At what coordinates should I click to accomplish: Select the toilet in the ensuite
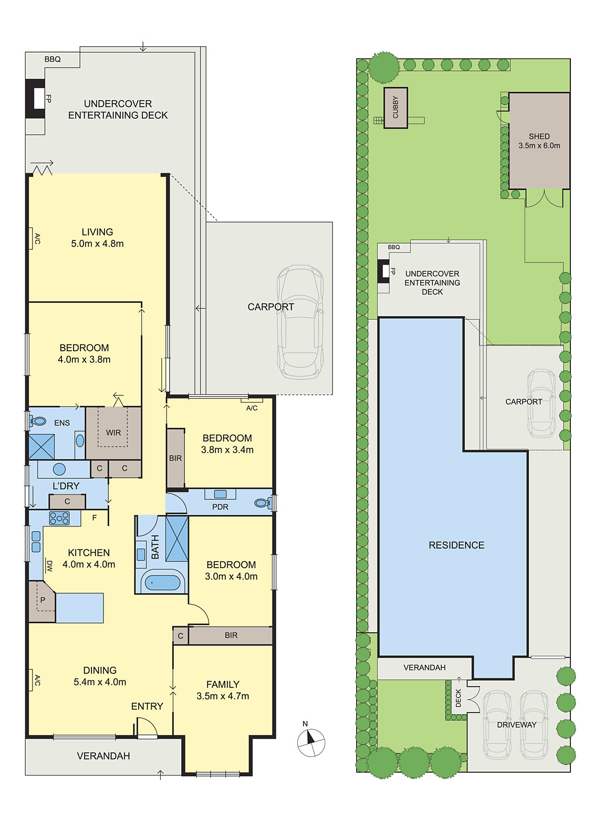(37, 422)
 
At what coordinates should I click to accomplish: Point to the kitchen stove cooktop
(59, 518)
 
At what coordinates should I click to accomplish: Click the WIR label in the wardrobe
(113, 433)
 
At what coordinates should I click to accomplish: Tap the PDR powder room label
(220, 507)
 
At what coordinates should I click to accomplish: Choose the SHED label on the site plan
(539, 136)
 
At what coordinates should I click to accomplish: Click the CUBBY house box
(395, 108)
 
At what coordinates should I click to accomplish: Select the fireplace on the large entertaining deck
(36, 99)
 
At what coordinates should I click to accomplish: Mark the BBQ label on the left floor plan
(53, 59)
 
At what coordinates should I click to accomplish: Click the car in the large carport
(300, 322)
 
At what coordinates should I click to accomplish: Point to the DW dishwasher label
(49, 565)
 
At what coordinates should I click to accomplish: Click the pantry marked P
(43, 602)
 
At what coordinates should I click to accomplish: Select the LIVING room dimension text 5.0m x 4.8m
(97, 244)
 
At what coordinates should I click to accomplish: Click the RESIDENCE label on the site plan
(456, 545)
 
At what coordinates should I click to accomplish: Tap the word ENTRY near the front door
(147, 707)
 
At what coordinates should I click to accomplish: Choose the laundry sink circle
(59, 469)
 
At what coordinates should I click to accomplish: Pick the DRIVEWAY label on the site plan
(517, 725)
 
